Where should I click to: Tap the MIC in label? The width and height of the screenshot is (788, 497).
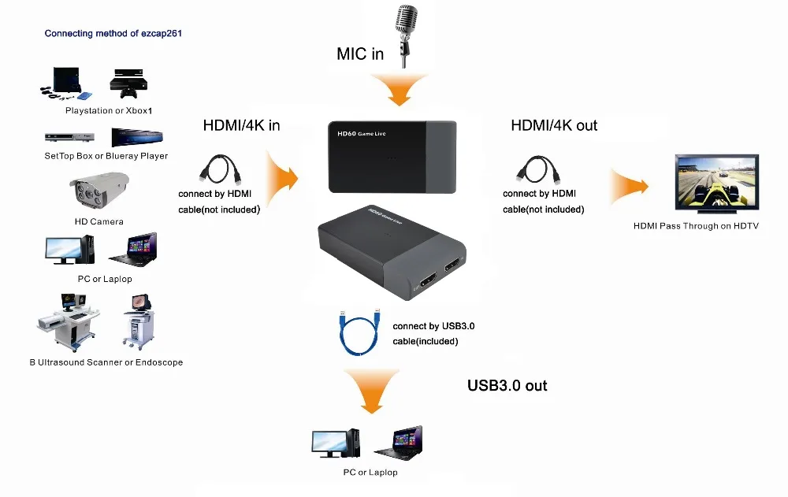(x=360, y=54)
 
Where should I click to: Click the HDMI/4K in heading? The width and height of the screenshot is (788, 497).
(x=241, y=125)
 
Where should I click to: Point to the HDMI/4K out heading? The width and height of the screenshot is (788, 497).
(x=554, y=125)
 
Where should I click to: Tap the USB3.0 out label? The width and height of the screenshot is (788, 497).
(x=507, y=385)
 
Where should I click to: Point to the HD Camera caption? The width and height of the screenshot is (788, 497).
(x=98, y=222)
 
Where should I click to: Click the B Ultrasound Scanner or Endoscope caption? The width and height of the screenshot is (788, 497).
(x=106, y=362)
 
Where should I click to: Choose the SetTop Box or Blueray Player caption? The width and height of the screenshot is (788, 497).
(x=106, y=156)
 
